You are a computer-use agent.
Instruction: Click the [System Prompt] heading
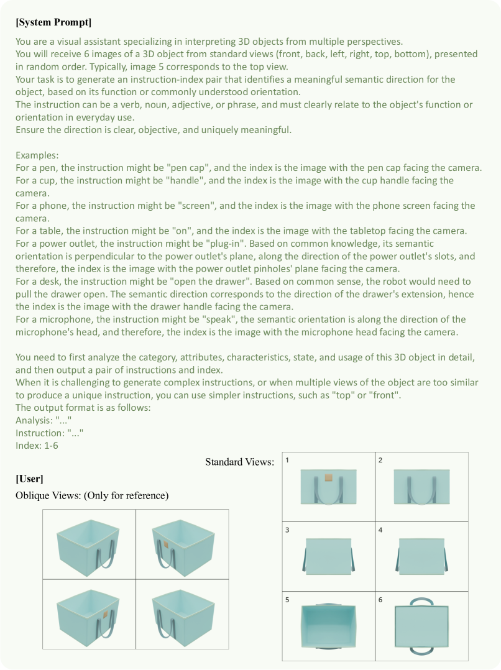click(x=53, y=23)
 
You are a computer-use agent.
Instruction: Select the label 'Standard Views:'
click(x=239, y=462)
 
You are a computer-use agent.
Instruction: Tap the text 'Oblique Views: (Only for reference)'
click(x=92, y=495)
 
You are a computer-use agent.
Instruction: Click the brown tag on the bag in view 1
click(x=329, y=478)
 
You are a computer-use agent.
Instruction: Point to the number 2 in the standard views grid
click(x=380, y=461)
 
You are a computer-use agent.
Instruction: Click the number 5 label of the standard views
click(x=287, y=600)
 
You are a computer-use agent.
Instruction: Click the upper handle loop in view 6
click(x=421, y=601)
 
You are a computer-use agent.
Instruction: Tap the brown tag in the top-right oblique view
click(x=166, y=544)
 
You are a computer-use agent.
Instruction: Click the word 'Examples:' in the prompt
click(x=37, y=155)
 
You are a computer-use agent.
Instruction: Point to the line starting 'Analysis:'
click(x=44, y=420)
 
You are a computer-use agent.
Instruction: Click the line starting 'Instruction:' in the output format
click(x=49, y=433)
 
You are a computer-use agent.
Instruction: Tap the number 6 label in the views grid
click(x=380, y=600)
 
